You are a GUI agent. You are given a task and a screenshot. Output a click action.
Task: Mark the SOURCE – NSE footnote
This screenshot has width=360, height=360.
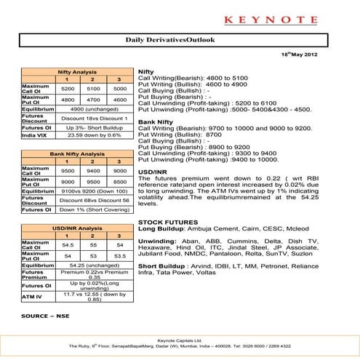coord(45,317)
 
